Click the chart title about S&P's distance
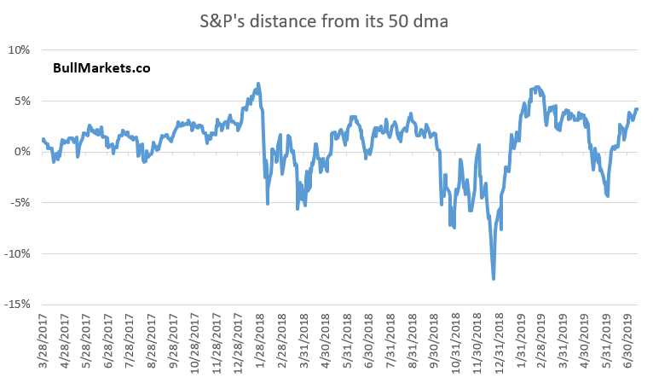coord(326,18)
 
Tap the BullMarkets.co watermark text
coord(101,67)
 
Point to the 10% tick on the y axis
coord(19,49)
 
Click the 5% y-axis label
coord(21,101)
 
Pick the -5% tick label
coord(20,203)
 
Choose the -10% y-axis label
coord(17,253)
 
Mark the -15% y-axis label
coord(17,305)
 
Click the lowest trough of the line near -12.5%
coord(494,278)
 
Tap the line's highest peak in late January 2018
coord(257,84)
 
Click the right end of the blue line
coord(637,108)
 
